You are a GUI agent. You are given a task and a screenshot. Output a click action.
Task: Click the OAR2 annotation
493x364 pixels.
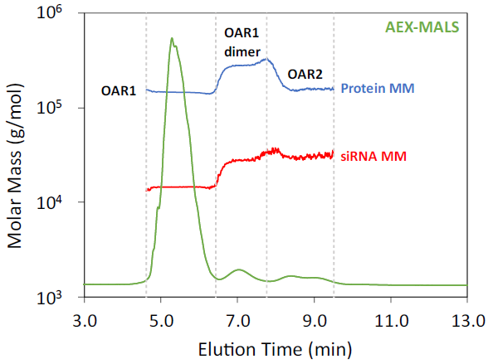click(305, 75)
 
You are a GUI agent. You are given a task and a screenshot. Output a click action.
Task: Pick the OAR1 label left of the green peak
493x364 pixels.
click(119, 90)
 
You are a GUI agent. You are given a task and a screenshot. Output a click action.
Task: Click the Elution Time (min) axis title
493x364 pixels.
click(275, 347)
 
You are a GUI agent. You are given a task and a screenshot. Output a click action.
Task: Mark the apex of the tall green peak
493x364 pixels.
click(172, 38)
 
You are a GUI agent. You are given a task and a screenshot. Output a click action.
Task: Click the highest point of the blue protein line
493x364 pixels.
click(266, 58)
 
